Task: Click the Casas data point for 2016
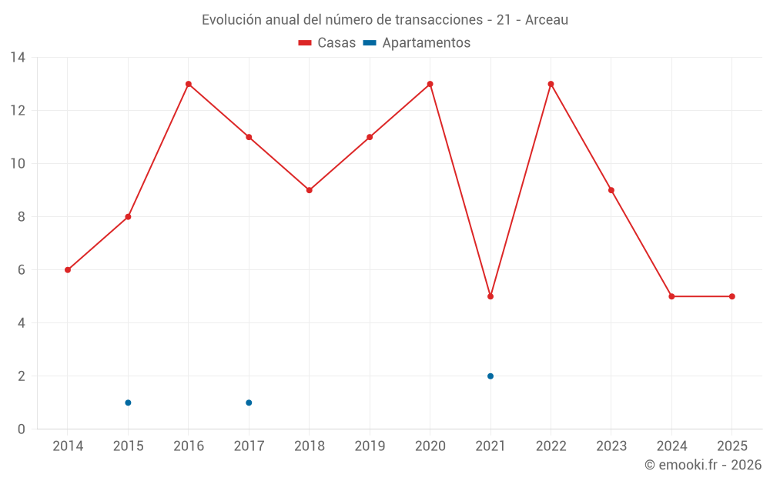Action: [189, 84]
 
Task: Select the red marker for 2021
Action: [490, 296]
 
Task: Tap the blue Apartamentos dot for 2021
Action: [490, 376]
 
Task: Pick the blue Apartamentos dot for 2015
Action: [128, 403]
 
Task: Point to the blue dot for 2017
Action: [249, 403]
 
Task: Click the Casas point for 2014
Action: [68, 270]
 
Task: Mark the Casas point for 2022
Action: [551, 84]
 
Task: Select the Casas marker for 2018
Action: [310, 190]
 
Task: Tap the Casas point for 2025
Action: [732, 296]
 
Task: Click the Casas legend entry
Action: [327, 43]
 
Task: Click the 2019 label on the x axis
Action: [370, 446]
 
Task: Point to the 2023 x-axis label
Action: [611, 446]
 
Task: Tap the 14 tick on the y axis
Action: [18, 58]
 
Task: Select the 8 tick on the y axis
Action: [22, 217]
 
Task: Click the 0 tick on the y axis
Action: [22, 429]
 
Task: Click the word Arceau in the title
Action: [547, 20]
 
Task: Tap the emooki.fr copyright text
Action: [703, 465]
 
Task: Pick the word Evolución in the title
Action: [230, 20]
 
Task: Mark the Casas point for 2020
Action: [430, 84]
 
